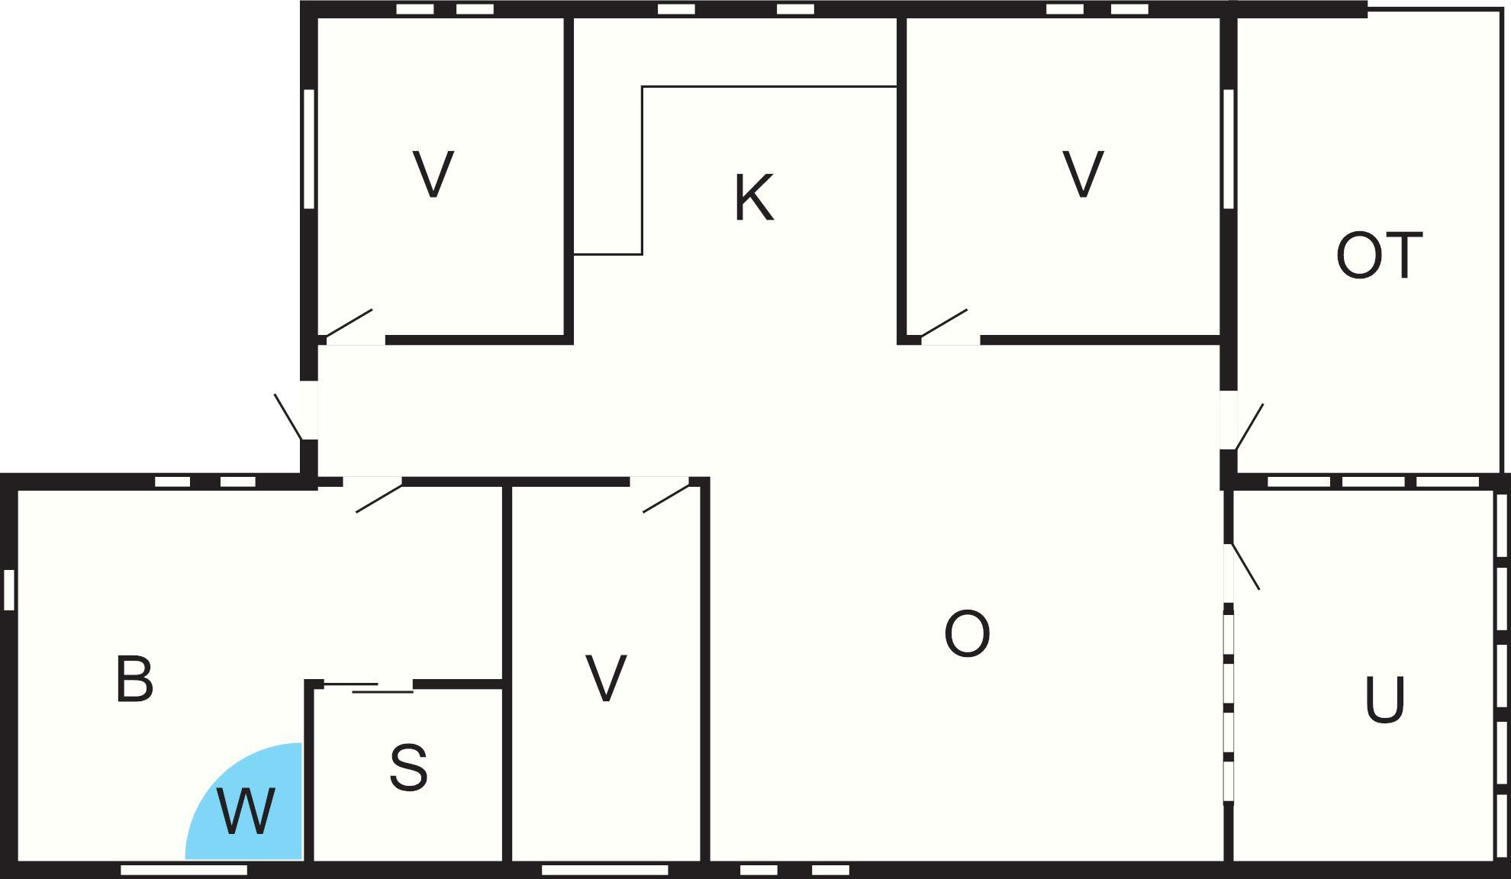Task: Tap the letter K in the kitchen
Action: (754, 198)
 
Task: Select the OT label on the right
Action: (1379, 256)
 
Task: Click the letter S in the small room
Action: (408, 768)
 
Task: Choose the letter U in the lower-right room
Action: (1384, 700)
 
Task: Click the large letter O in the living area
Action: (967, 633)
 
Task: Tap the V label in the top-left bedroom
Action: (433, 174)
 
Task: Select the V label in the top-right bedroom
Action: (1083, 174)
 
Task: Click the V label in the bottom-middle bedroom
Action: (606, 678)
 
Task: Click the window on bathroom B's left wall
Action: (9, 590)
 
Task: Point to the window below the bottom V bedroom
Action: (605, 870)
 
